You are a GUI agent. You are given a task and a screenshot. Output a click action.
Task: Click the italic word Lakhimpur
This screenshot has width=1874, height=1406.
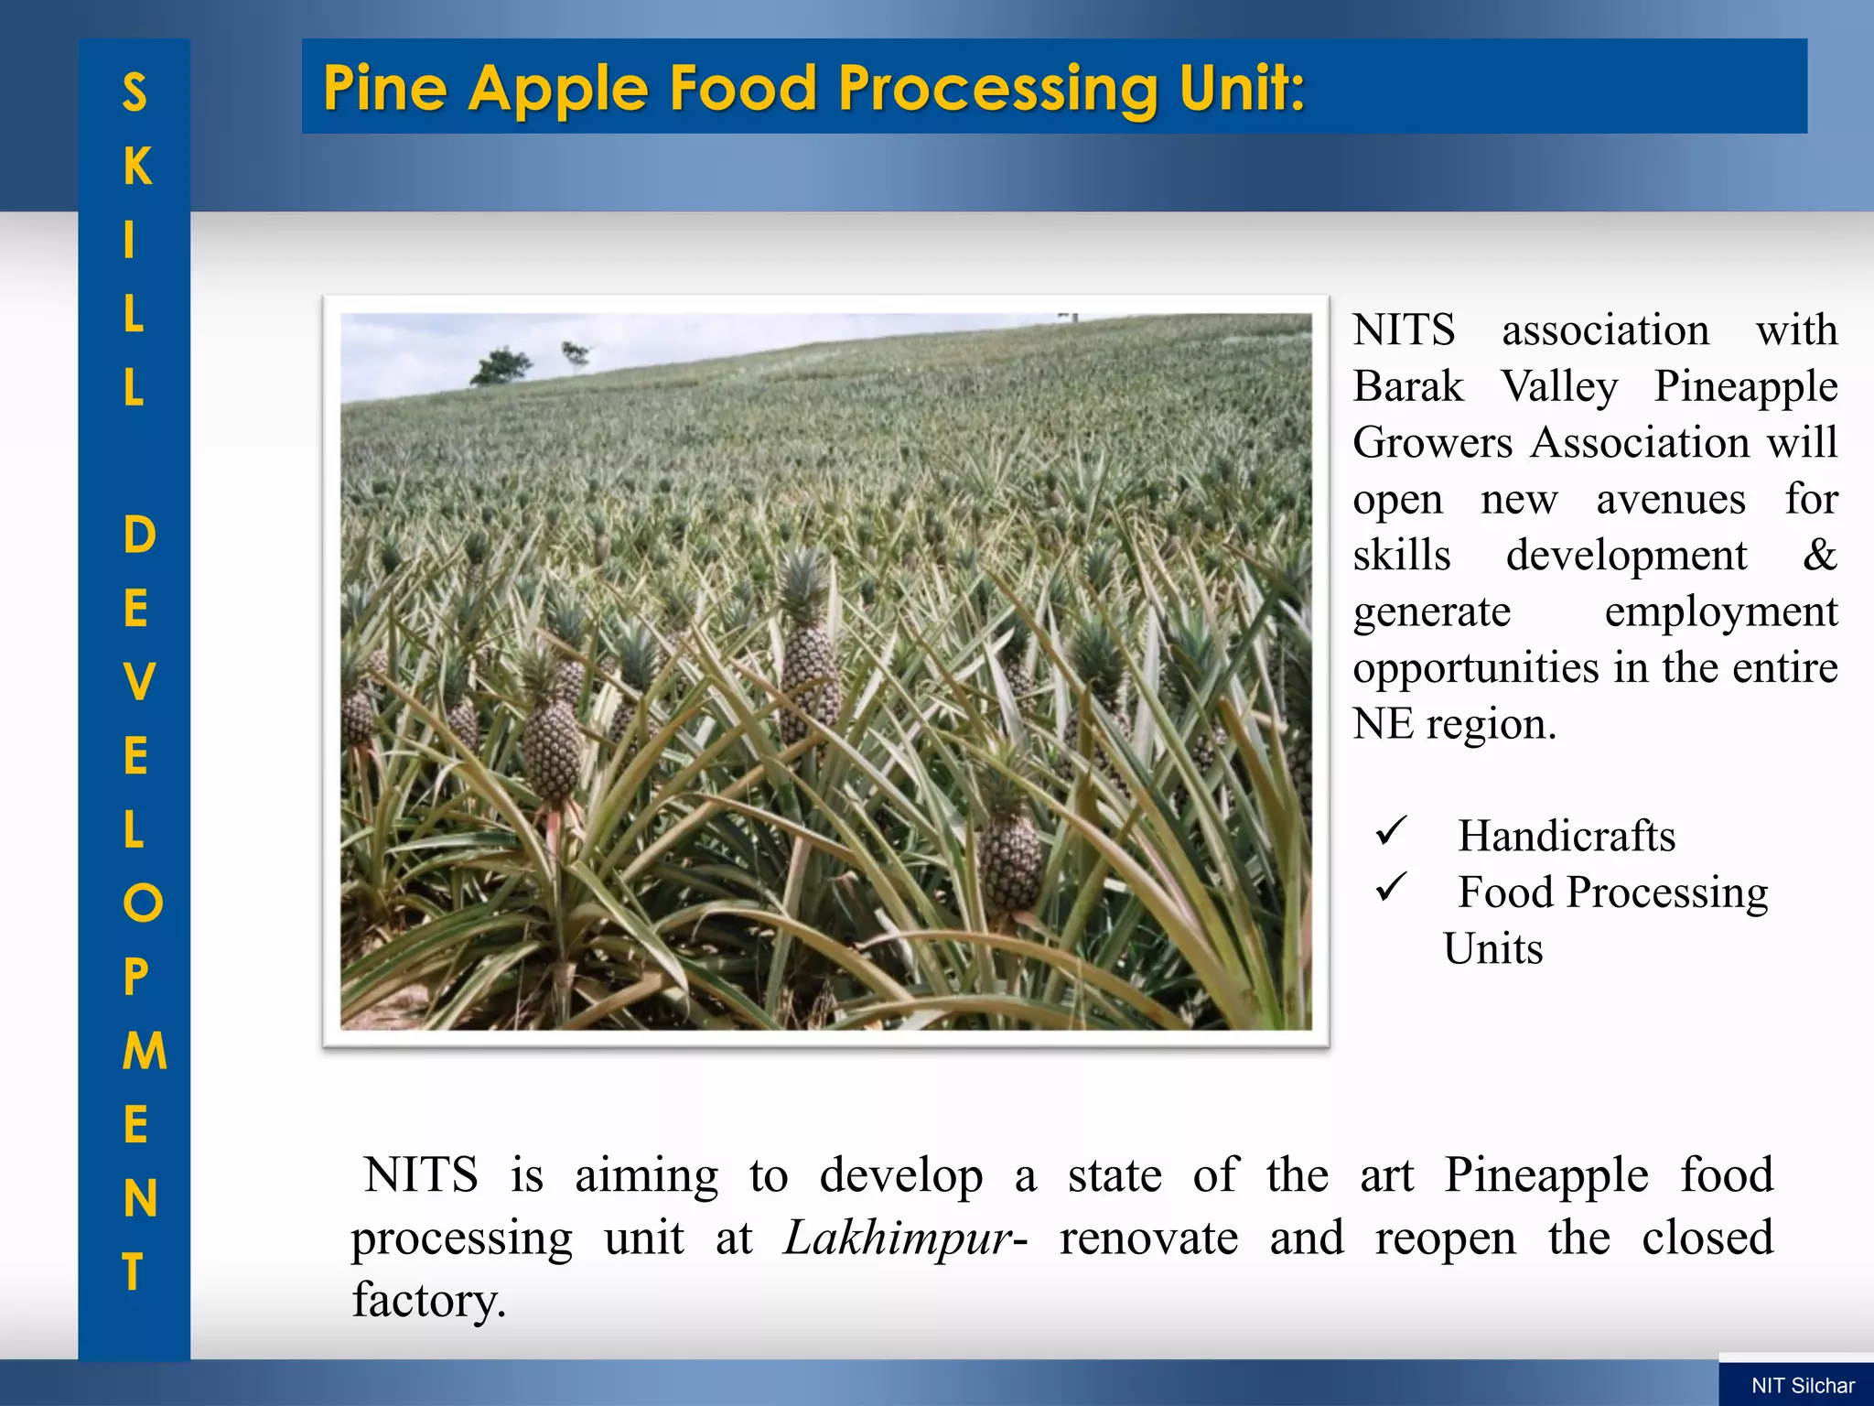(898, 1238)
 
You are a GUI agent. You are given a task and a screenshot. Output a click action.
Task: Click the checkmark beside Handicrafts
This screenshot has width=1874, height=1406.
(1390, 831)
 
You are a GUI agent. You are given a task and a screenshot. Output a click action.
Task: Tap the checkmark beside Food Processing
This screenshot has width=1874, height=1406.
(1390, 887)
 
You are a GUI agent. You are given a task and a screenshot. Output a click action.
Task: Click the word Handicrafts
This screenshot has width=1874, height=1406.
(1567, 836)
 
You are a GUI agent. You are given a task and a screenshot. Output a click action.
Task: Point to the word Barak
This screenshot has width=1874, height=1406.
(1408, 386)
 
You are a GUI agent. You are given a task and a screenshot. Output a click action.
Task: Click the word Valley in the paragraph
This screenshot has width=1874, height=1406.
(1559, 386)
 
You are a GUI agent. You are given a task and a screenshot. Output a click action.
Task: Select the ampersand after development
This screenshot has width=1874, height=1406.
(1819, 555)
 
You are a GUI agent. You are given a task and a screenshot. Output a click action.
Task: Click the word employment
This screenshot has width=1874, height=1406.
(1720, 611)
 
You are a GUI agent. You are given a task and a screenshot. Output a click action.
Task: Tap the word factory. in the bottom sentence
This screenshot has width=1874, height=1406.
(429, 1300)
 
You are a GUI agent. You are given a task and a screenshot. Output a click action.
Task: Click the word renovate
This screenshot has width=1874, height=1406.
(1148, 1238)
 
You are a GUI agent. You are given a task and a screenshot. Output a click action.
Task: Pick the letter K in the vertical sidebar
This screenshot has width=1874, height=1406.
(136, 166)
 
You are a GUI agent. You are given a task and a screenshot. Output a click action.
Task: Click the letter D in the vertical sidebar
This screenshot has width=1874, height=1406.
(138, 535)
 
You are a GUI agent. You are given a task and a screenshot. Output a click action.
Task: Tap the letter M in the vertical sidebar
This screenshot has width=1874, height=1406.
(145, 1051)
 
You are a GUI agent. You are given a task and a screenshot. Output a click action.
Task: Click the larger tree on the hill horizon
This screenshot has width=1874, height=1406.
(501, 366)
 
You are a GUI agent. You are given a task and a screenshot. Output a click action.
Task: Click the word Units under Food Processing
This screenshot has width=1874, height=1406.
(1492, 949)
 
